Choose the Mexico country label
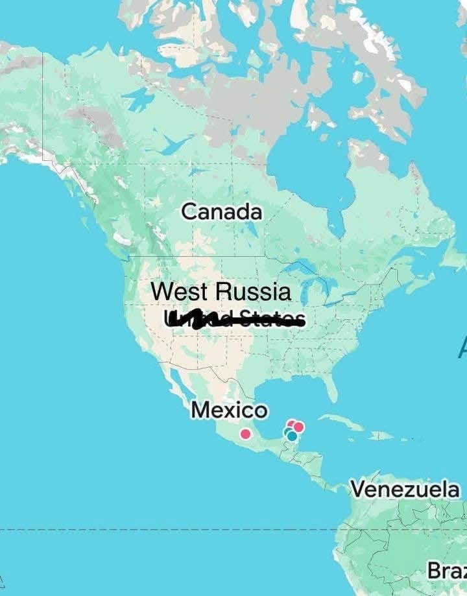point(229,410)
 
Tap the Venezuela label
point(405,489)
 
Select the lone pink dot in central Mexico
point(245,434)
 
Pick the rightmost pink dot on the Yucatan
point(298,427)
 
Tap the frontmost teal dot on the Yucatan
point(292,436)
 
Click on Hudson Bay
point(302,162)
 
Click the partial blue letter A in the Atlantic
point(462,349)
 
